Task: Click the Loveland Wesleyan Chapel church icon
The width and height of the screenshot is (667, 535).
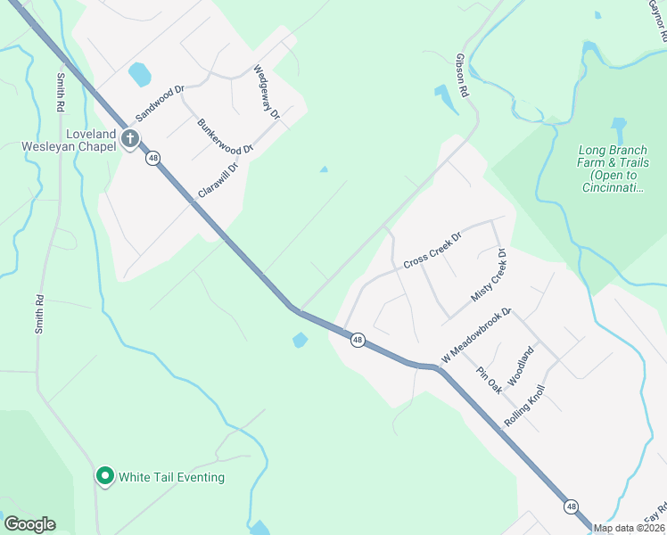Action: [x=130, y=138]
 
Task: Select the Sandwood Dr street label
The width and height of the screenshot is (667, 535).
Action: [x=159, y=103]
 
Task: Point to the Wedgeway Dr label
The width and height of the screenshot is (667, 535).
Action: [x=267, y=92]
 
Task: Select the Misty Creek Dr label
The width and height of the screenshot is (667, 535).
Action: [x=488, y=275]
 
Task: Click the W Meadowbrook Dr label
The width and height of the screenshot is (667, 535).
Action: [x=475, y=335]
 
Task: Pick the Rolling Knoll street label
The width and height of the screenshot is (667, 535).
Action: [x=523, y=406]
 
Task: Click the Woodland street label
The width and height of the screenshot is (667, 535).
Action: [x=521, y=365]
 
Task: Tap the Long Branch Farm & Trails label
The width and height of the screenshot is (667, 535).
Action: [x=613, y=169]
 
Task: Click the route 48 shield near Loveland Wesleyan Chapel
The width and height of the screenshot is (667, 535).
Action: [x=154, y=158]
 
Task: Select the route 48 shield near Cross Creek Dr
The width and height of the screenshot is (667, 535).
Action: [x=358, y=340]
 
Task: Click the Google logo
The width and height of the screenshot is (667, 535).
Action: [x=29, y=524]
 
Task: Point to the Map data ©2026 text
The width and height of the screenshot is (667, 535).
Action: [x=629, y=528]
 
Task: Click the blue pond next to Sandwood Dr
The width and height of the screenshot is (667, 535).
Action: [x=140, y=74]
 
